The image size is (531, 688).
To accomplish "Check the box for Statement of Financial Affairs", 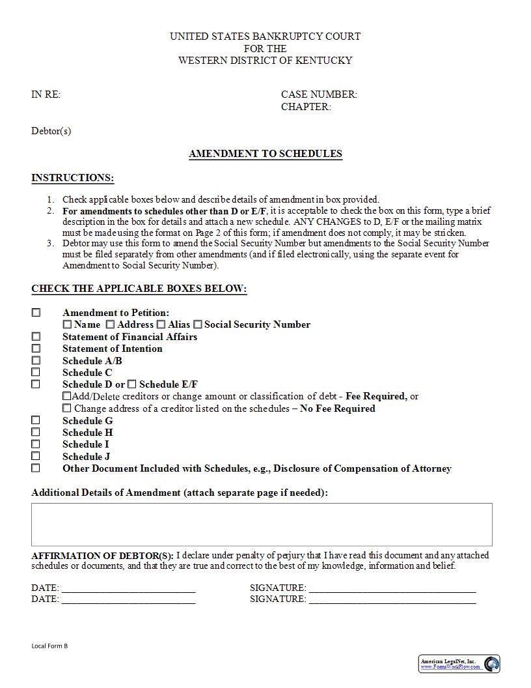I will coord(36,337).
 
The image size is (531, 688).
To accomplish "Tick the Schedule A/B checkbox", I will coord(36,360).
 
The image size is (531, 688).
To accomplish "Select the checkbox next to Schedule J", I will coord(36,456).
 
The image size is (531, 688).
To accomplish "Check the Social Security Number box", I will coord(198,324).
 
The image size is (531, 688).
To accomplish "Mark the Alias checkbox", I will coord(161,324).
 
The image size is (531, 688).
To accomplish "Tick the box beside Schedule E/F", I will coord(132,384).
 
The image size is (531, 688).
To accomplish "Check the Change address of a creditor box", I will coord(67,408).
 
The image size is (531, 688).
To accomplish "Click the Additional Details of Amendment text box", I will coord(262,524).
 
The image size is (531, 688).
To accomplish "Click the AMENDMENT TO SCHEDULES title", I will coord(265,154).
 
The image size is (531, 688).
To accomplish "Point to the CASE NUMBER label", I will coord(319,94).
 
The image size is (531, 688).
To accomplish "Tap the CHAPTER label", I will coord(306,107).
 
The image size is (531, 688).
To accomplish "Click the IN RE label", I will coord(46,94).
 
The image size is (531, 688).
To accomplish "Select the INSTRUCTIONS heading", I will coord(72,178).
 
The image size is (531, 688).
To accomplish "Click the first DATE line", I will coord(128,588).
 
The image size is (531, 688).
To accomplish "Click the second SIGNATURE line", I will coord(392,599).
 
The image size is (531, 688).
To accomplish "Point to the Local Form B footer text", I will coord(49,646).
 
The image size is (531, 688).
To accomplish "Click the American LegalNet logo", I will coord(459,664).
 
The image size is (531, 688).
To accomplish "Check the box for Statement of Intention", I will coord(36,349).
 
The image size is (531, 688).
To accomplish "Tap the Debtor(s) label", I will coord(51,131).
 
